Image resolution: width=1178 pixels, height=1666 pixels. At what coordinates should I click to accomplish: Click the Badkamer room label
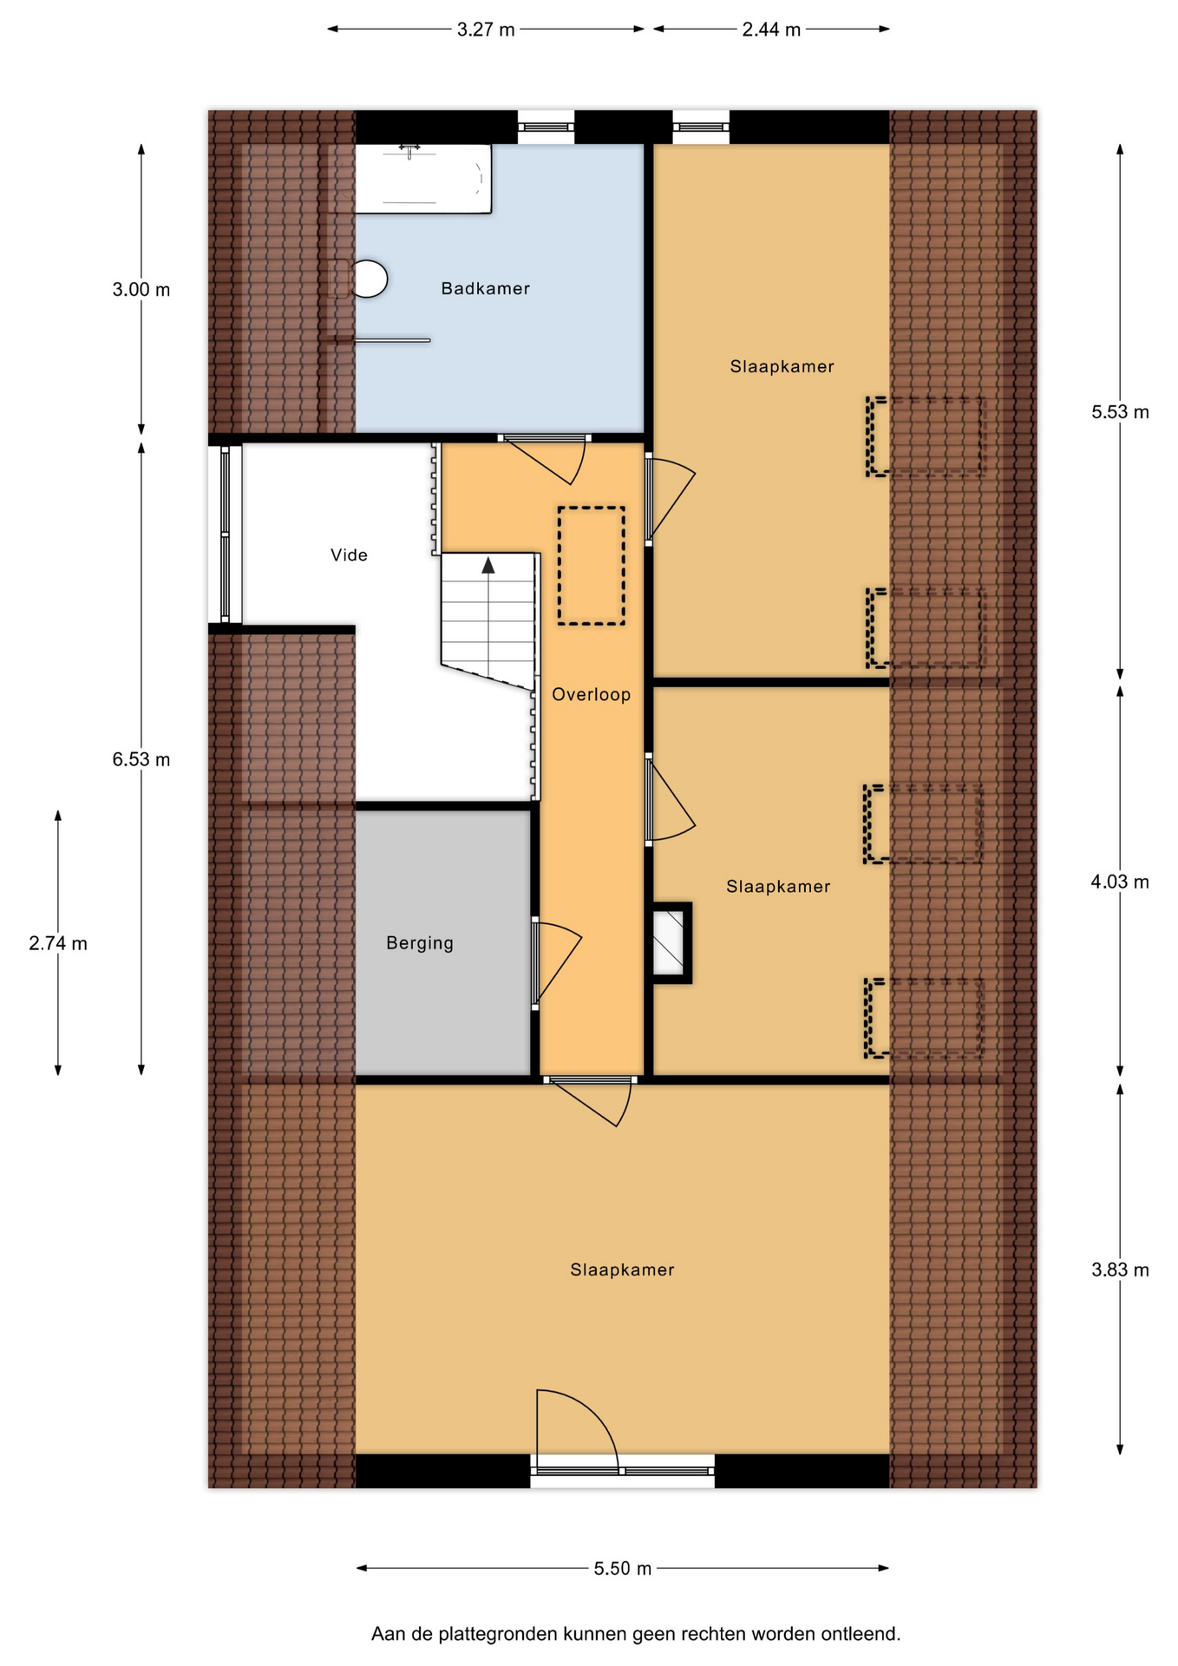click(485, 289)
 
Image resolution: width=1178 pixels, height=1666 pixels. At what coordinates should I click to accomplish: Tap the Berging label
click(420, 943)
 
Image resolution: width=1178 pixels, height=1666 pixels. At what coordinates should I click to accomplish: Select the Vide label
click(349, 555)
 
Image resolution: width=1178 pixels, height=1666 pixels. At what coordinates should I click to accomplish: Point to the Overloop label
click(592, 694)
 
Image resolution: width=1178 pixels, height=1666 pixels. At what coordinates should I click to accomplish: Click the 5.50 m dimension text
click(623, 1569)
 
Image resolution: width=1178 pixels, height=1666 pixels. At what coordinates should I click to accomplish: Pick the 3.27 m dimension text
click(486, 30)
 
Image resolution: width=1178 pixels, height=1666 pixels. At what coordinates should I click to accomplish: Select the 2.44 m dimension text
click(771, 30)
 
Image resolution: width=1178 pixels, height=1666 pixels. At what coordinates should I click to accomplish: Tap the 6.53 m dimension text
click(141, 760)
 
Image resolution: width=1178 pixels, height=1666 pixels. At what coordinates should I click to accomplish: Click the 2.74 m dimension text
click(58, 943)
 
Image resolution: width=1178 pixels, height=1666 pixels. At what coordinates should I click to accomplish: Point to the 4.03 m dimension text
click(1120, 882)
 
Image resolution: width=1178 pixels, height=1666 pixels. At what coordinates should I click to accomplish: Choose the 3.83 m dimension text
click(1120, 1270)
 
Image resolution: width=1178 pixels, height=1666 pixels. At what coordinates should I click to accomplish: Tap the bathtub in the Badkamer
click(422, 179)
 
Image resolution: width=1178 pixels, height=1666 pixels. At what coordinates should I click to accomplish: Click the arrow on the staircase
click(488, 566)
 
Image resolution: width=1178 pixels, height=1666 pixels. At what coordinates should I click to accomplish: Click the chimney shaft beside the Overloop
click(670, 943)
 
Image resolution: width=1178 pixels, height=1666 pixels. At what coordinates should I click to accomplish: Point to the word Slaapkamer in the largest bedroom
click(622, 1270)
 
